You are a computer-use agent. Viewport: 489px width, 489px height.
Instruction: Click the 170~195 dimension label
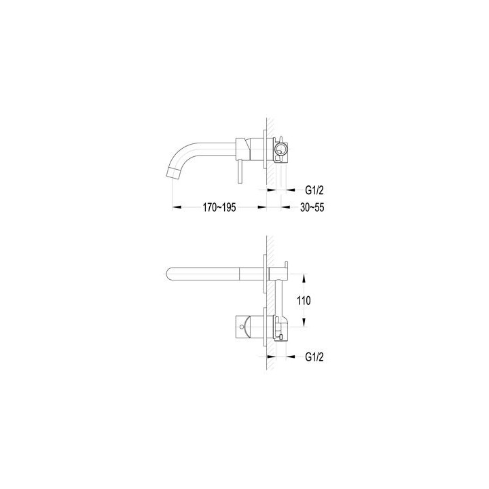[219, 207]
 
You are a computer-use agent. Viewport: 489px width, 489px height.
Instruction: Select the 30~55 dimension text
[312, 207]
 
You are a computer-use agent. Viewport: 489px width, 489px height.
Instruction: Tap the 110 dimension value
[304, 301]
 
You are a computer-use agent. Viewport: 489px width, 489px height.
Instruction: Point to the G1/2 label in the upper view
[314, 190]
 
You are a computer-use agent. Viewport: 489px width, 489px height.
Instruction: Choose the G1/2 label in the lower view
[314, 357]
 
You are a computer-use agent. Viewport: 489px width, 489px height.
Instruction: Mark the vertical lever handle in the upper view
[240, 171]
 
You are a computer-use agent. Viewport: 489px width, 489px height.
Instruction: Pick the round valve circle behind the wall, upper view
[280, 149]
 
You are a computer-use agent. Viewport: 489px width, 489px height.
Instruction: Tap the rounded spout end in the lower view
[168, 274]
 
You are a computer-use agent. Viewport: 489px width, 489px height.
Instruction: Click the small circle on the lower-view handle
[242, 327]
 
